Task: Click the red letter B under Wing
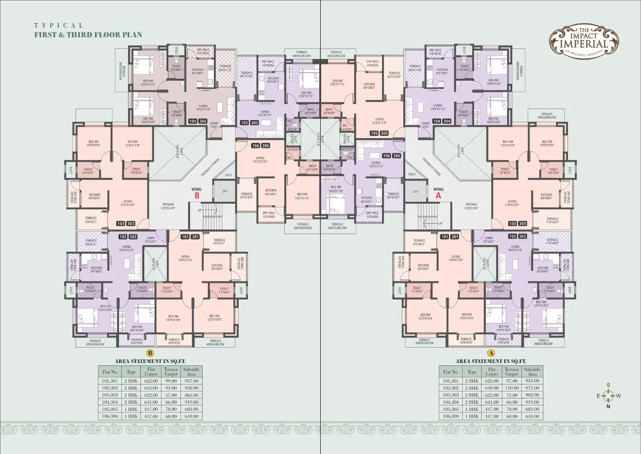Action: [x=197, y=196]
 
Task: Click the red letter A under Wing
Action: [x=438, y=196]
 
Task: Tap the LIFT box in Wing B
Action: [x=225, y=191]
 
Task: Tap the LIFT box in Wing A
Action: [x=416, y=192]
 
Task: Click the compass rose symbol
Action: [x=608, y=396]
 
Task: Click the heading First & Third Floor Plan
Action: [x=88, y=35]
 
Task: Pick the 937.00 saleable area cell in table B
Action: [x=191, y=381]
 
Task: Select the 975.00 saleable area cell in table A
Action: [x=532, y=388]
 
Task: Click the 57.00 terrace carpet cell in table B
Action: [x=171, y=395]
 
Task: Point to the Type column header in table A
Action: [x=472, y=372]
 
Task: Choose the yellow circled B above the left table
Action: [x=150, y=353]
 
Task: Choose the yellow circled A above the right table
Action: [x=491, y=353]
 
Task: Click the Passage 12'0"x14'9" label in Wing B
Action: [x=168, y=206]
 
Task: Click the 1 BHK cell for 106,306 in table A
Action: [x=472, y=416]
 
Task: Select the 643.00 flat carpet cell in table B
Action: [x=151, y=388]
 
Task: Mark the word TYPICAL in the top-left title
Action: [x=59, y=26]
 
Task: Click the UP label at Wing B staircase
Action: [x=200, y=210]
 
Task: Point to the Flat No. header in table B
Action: [x=110, y=372]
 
